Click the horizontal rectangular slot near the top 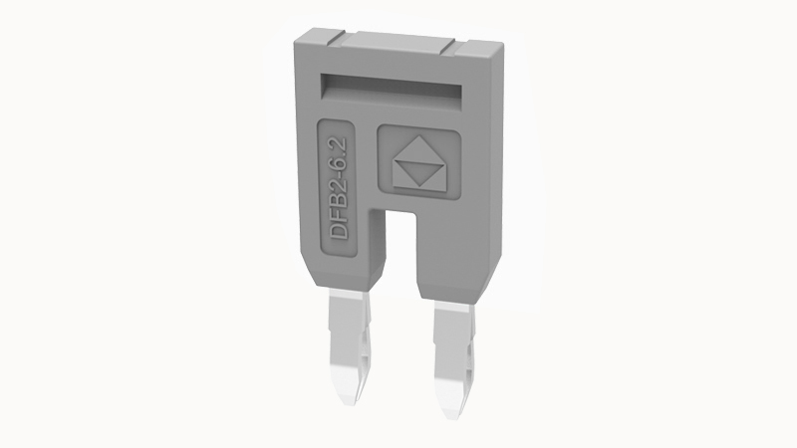click(391, 90)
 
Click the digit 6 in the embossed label click(339, 166)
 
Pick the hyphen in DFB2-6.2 click(339, 176)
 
